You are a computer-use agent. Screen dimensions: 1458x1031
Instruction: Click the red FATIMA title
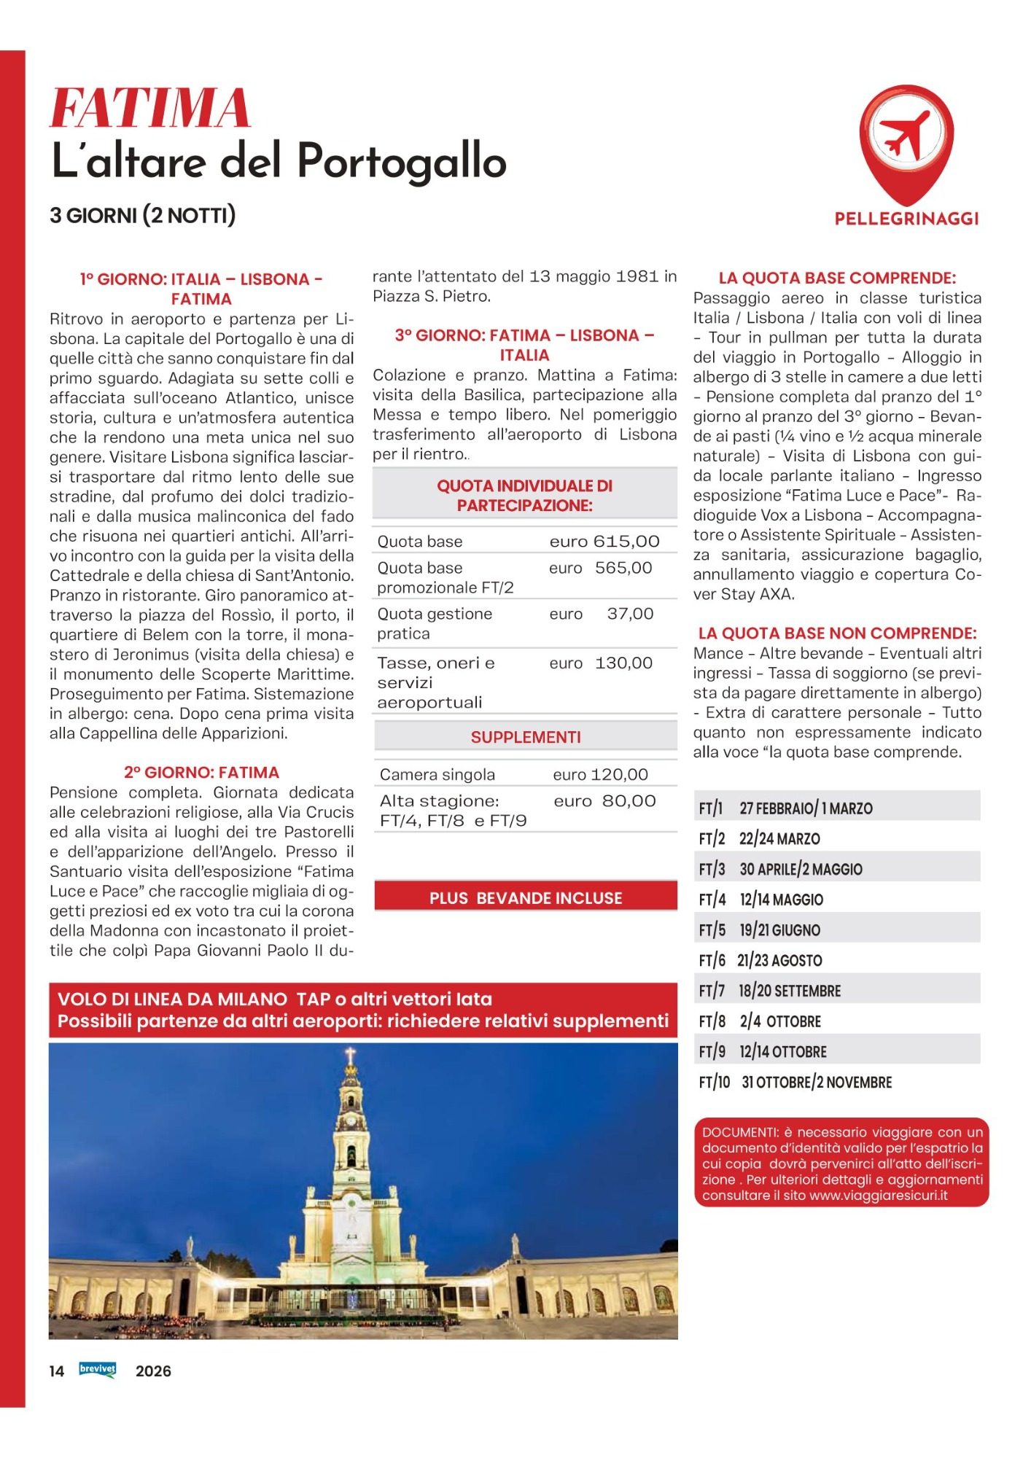pos(150,109)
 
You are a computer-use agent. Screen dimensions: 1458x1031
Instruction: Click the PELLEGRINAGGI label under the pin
pos(906,219)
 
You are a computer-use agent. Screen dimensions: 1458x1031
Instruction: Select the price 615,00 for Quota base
pos(626,542)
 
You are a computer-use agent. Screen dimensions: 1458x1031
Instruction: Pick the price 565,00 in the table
pos(623,568)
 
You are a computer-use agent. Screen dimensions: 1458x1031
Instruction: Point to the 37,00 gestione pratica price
pos(630,614)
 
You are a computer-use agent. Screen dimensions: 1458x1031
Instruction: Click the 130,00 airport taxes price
pos(623,663)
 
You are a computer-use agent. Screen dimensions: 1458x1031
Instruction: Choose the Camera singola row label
pos(437,775)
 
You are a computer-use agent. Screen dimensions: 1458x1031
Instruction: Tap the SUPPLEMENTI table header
pos(526,738)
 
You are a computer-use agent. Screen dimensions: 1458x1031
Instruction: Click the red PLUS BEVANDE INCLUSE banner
pos(526,898)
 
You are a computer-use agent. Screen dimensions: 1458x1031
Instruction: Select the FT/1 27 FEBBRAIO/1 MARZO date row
pos(785,808)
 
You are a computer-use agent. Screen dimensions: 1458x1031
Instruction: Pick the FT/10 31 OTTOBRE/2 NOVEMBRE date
pos(795,1083)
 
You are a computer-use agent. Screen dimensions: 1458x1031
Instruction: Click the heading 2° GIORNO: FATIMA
pos(201,773)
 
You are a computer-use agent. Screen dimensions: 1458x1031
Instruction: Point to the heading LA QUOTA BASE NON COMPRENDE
pos(837,634)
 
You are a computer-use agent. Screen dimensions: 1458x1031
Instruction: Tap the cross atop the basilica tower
pos(350,1055)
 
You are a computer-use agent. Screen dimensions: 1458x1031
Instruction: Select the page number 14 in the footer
pos(57,1371)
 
